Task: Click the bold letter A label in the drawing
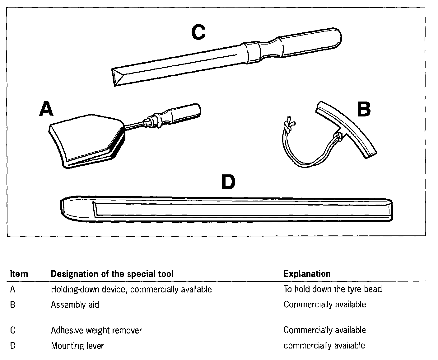[x=46, y=109]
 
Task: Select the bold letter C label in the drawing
[x=198, y=32]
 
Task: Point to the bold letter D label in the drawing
[x=228, y=182]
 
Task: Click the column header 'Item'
[x=19, y=274]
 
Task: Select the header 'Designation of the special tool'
[x=112, y=274]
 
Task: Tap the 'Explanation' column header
[x=307, y=274]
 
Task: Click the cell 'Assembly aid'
[x=75, y=305]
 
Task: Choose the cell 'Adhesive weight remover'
[x=96, y=330]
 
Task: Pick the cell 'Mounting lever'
[x=77, y=346]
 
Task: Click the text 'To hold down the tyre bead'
[x=332, y=289]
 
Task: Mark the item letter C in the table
[x=13, y=330]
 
